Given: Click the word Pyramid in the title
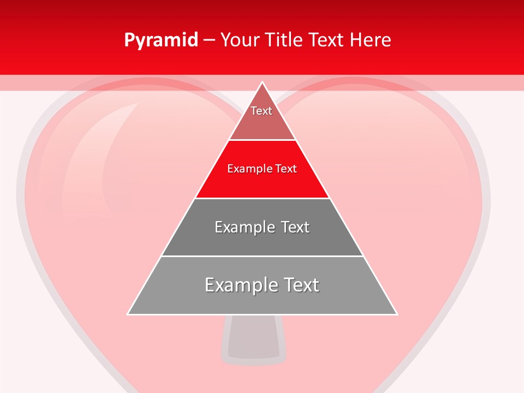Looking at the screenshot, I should pyautogui.click(x=161, y=40).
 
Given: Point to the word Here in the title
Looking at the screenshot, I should pyautogui.click(x=370, y=40).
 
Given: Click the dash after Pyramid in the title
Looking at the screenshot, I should pyautogui.click(x=209, y=40).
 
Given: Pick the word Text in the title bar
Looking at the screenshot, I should pyautogui.click(x=327, y=40).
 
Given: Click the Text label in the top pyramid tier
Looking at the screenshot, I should pyautogui.click(x=261, y=111).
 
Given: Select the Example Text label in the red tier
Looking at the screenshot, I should pyautogui.click(x=262, y=169).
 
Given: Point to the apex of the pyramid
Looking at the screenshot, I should pyautogui.click(x=263, y=82).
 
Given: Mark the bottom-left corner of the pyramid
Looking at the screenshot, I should pyautogui.click(x=128, y=314).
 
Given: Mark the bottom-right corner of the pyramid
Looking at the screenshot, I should pyautogui.click(x=396, y=314).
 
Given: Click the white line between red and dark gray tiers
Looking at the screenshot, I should pyautogui.click(x=262, y=198).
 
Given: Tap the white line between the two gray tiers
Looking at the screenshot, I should pyautogui.click(x=262, y=256).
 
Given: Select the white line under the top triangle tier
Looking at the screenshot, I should pyautogui.click(x=262, y=140).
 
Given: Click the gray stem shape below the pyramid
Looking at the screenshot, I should pyautogui.click(x=254, y=338).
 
